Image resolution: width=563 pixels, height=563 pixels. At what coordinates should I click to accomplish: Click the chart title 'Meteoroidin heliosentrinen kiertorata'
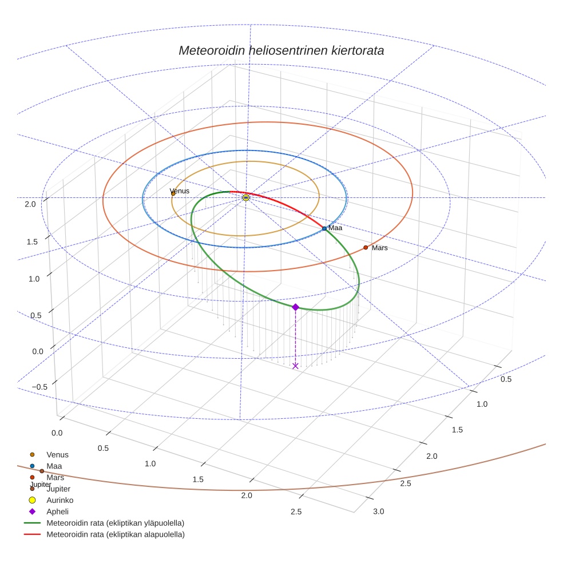coord(281,50)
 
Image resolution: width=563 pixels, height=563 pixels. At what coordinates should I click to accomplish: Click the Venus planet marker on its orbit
coord(173,194)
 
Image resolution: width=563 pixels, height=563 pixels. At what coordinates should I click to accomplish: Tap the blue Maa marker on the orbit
coord(324,228)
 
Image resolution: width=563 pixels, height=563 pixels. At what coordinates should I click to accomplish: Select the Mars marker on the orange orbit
coord(366,248)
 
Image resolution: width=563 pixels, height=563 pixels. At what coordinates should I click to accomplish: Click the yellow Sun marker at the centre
coord(246,197)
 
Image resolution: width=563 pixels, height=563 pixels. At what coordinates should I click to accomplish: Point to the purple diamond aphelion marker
coord(295,307)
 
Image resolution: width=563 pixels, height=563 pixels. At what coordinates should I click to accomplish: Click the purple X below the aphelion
coord(295,366)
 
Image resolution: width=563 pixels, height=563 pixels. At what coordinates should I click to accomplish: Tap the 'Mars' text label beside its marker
coord(380,248)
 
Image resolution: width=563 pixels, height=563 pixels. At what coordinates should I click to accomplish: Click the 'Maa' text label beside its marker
coord(335,228)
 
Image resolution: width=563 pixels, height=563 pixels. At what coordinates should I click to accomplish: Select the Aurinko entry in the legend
coord(60,500)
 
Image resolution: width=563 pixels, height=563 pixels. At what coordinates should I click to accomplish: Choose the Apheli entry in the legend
coord(57,512)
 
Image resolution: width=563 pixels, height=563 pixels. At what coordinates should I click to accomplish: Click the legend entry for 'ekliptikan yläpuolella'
coord(115,523)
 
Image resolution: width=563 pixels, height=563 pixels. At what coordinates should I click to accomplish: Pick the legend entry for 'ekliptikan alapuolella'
coord(115,534)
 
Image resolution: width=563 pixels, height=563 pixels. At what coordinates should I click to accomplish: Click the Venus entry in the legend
coord(57,455)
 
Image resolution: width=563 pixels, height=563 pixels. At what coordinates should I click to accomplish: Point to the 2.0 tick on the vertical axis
coord(30,204)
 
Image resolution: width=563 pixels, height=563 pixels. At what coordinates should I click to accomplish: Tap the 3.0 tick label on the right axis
coord(379,512)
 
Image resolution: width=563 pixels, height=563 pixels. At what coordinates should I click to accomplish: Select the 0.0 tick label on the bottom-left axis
coord(57,433)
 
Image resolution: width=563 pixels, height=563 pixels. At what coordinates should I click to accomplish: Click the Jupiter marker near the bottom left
coord(42,471)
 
